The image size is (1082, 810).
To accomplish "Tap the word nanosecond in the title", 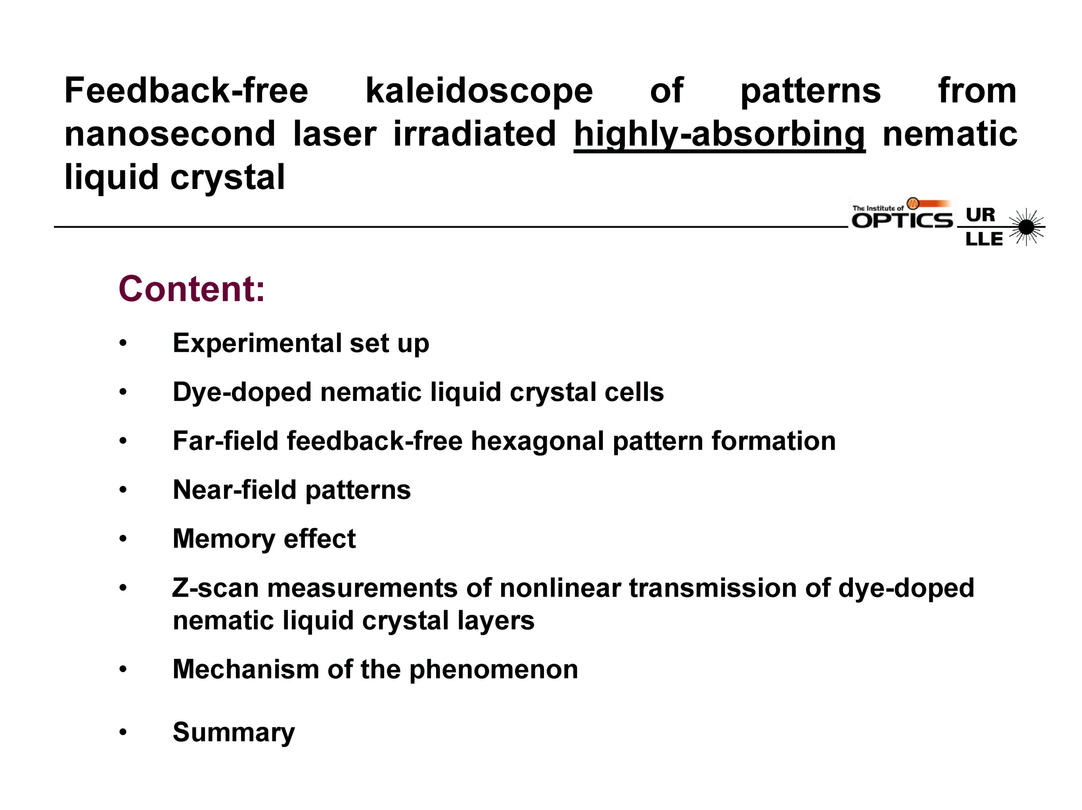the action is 170,134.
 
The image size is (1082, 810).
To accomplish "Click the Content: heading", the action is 192,289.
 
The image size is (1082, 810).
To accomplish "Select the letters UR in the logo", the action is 980,215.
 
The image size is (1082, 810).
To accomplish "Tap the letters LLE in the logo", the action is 984,239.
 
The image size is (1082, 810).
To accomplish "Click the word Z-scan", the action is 215,588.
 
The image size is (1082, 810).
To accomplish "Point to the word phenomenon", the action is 494,670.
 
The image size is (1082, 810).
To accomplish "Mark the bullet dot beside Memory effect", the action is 123,539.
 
